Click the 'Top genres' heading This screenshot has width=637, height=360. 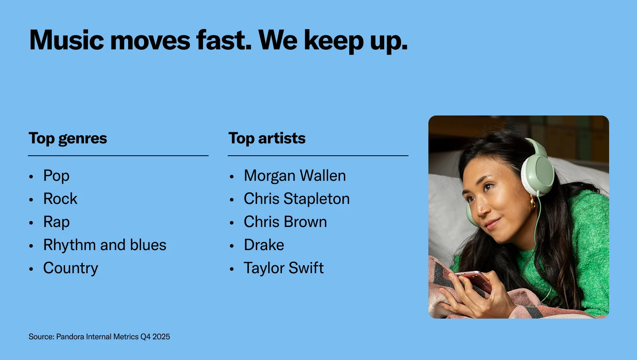click(68, 139)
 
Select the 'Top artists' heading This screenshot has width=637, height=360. click(267, 139)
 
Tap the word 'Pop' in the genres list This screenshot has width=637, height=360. click(56, 176)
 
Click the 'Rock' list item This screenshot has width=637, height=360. click(60, 198)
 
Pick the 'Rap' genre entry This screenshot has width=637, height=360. click(56, 222)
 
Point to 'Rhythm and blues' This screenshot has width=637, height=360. click(105, 245)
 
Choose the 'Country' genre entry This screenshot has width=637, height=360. click(70, 268)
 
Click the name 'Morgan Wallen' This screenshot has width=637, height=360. click(295, 176)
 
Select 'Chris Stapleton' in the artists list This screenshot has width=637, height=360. click(297, 199)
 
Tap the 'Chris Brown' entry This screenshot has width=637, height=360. click(285, 222)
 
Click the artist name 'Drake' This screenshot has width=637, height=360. click(264, 245)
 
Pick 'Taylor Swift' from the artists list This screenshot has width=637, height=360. click(284, 268)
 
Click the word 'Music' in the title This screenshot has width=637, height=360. click(66, 40)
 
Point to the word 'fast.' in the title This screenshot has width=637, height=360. click(224, 40)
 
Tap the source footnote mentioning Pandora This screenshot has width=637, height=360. click(99, 337)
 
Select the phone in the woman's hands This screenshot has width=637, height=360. click(474, 282)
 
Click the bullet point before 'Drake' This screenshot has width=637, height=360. click(231, 246)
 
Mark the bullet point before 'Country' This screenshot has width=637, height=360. click(31, 269)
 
